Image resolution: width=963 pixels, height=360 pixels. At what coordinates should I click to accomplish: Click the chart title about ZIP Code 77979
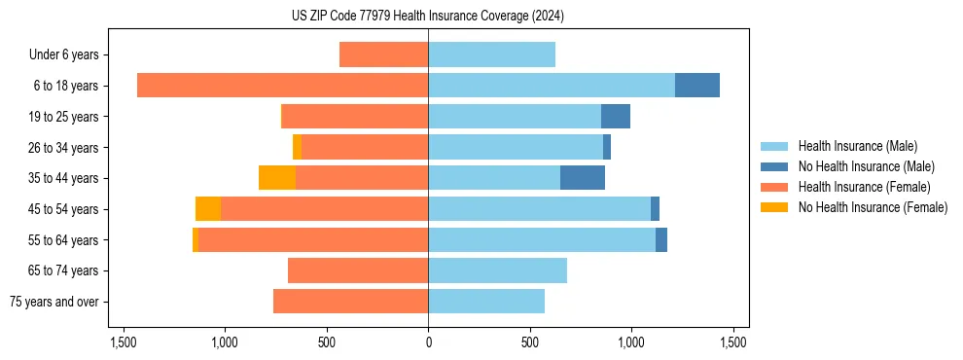pyautogui.click(x=427, y=16)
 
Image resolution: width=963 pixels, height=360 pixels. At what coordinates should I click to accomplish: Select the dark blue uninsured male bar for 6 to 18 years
pyautogui.click(x=697, y=86)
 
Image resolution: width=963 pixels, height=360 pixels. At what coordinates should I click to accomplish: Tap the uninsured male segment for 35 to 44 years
pyautogui.click(x=583, y=178)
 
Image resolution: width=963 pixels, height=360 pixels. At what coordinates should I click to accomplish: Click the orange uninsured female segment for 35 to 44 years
pyautogui.click(x=277, y=178)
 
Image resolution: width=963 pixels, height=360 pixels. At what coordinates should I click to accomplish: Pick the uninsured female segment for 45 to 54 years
pyautogui.click(x=208, y=209)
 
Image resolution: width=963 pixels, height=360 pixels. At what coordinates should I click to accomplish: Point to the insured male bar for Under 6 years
pyautogui.click(x=491, y=54)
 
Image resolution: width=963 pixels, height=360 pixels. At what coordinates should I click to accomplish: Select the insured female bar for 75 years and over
pyautogui.click(x=350, y=302)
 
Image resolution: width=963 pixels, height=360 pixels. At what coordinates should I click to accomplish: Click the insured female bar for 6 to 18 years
pyautogui.click(x=282, y=86)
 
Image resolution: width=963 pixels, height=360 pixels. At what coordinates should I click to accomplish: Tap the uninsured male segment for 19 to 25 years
pyautogui.click(x=616, y=117)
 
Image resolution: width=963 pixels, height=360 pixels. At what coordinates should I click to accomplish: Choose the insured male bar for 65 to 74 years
pyautogui.click(x=497, y=270)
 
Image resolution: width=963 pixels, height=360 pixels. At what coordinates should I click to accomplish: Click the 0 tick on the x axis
pyautogui.click(x=428, y=342)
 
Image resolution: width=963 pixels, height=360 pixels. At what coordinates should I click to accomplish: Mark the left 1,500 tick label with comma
pyautogui.click(x=124, y=342)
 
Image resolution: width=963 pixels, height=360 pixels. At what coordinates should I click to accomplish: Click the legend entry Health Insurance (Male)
pyautogui.click(x=857, y=146)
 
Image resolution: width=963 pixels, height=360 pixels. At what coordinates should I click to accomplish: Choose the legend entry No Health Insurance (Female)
pyautogui.click(x=873, y=207)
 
